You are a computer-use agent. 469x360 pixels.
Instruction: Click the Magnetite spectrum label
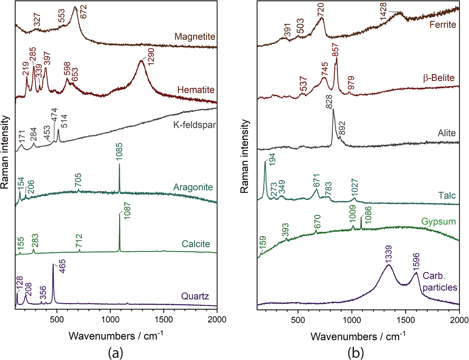[x=195, y=37]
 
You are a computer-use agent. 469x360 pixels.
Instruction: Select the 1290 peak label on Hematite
[x=150, y=57]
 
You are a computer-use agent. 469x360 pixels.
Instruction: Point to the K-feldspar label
[x=194, y=125]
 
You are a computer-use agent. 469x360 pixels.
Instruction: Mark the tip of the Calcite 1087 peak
[x=120, y=214]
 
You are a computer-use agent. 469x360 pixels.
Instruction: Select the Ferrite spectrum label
[x=442, y=25]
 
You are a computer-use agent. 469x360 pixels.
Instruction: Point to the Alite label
[x=446, y=133]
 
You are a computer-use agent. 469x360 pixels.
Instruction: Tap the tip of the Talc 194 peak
[x=265, y=161]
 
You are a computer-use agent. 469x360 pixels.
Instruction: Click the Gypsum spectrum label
[x=438, y=222]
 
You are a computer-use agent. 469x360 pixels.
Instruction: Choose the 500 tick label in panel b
[x=298, y=320]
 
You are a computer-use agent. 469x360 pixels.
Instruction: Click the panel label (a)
[x=115, y=352]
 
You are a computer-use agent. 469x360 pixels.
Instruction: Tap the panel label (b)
[x=356, y=352]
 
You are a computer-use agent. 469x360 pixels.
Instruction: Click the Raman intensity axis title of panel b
[x=245, y=157]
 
